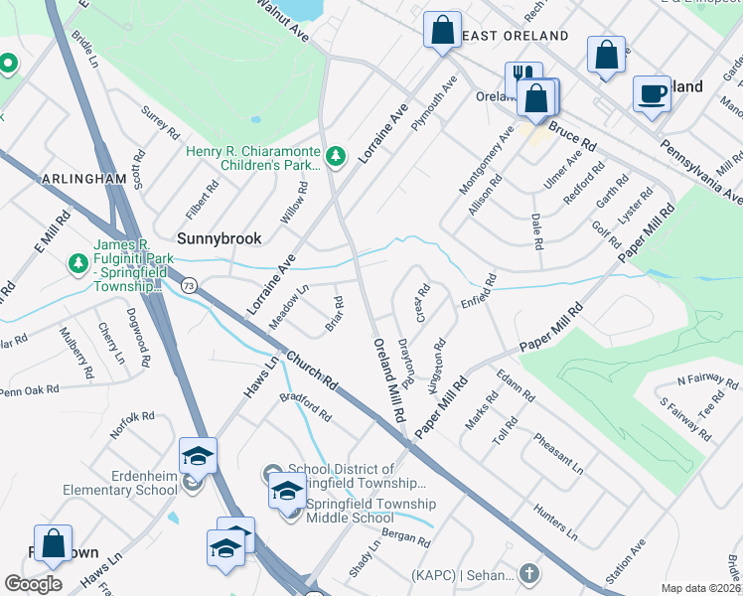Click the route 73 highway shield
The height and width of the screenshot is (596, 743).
pyautogui.click(x=188, y=285)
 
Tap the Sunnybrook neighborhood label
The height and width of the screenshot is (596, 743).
pyautogui.click(x=219, y=238)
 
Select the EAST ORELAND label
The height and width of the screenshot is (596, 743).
pyautogui.click(x=516, y=36)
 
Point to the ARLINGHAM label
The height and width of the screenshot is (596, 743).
pyautogui.click(x=84, y=179)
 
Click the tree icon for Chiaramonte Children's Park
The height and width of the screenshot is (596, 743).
pyautogui.click(x=337, y=155)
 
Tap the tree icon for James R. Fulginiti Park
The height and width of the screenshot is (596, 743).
pyautogui.click(x=77, y=263)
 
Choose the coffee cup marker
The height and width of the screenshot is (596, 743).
pyautogui.click(x=652, y=94)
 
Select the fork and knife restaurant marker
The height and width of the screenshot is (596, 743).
pyautogui.click(x=522, y=79)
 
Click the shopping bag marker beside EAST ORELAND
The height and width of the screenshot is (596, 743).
pyautogui.click(x=441, y=29)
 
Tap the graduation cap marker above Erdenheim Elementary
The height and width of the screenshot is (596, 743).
pyautogui.click(x=198, y=456)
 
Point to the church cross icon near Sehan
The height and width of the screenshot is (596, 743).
pyautogui.click(x=529, y=574)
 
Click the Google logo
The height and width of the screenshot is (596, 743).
pyautogui.click(x=34, y=584)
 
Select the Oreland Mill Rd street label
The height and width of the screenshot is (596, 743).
pyautogui.click(x=389, y=376)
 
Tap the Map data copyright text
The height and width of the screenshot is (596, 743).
pyautogui.click(x=701, y=588)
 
